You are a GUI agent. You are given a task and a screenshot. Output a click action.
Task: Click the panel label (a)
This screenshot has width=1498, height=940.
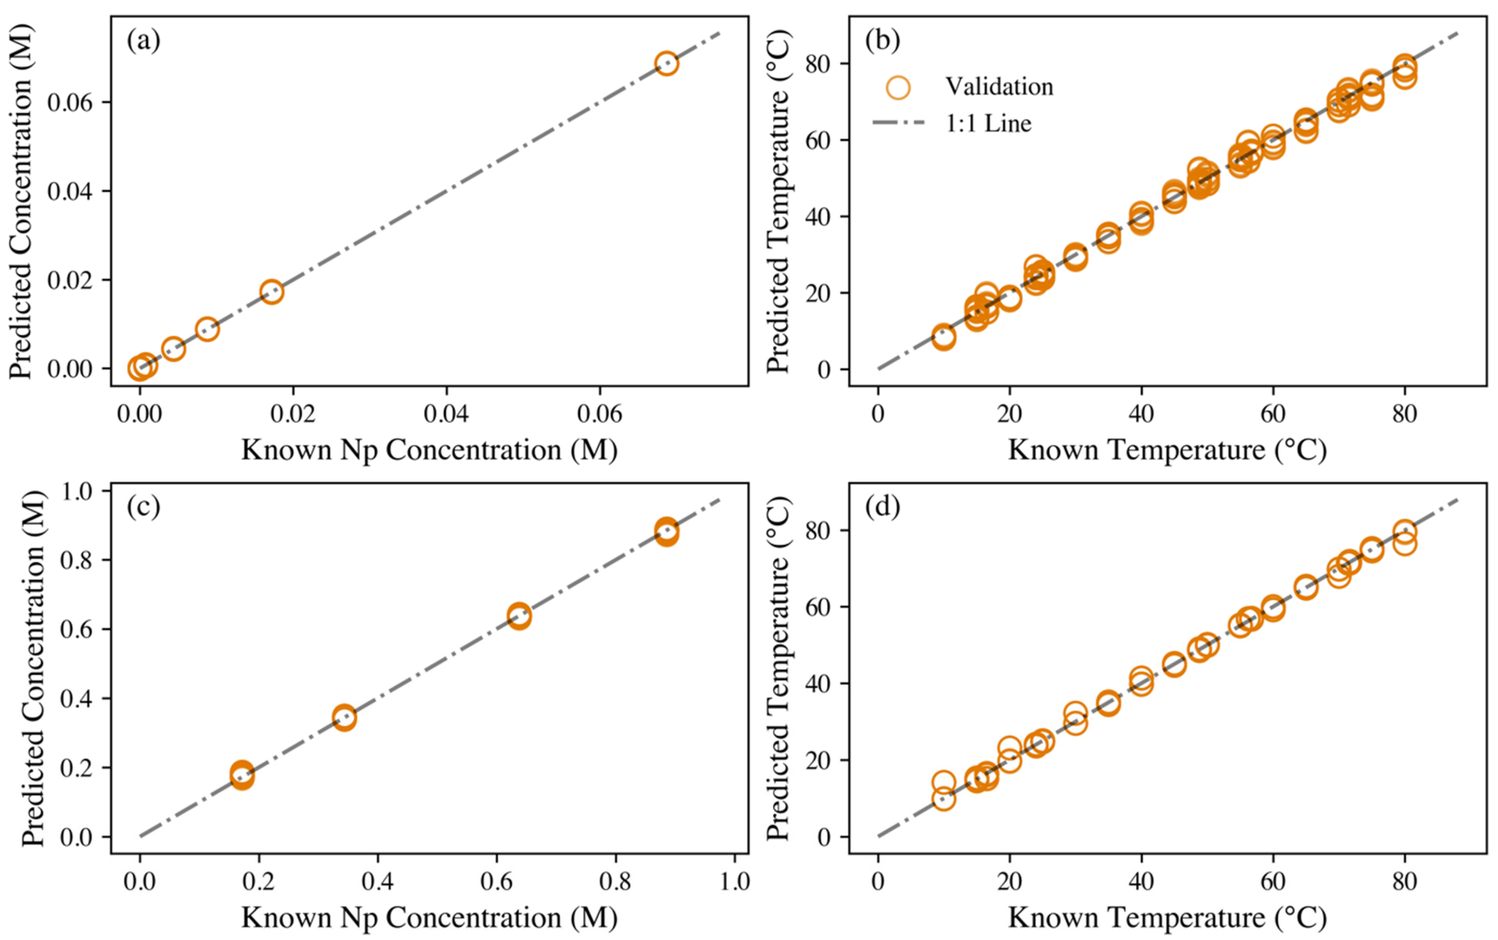(x=144, y=41)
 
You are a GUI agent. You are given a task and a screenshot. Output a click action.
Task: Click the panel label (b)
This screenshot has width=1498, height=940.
(x=882, y=41)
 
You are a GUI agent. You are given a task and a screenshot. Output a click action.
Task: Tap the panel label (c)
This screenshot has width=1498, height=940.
(x=144, y=507)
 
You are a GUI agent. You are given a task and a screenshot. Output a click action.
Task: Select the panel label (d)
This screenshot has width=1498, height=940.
(x=882, y=507)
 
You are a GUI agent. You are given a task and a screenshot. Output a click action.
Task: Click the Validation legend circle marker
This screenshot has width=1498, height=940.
(x=898, y=87)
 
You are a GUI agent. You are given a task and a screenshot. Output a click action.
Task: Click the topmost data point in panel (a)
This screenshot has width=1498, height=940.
(x=666, y=63)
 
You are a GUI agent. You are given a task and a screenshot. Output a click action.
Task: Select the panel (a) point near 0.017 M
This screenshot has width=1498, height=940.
(x=271, y=292)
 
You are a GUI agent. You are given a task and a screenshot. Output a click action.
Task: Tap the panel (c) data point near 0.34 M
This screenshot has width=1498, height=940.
(x=344, y=717)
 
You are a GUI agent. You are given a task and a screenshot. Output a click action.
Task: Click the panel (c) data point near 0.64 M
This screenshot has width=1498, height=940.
(x=519, y=616)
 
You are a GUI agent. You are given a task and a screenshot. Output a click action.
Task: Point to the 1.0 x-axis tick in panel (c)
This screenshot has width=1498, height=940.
(x=734, y=882)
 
